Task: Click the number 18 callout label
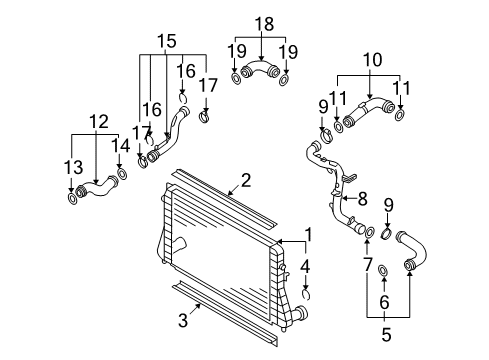coord(264,24)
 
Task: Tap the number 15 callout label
coord(167,41)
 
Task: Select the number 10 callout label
coord(372,60)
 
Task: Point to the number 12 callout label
coord(99,121)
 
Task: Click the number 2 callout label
coord(246,180)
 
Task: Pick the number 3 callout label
coord(183,320)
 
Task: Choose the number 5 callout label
coord(386,334)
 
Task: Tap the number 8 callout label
coord(362,199)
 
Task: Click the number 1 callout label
coord(309,234)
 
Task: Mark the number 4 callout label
coord(305,267)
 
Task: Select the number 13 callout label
coord(73,167)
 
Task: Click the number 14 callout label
coord(120,145)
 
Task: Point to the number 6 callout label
coord(384,302)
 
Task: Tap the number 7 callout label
coord(367,265)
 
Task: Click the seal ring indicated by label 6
coord(383,270)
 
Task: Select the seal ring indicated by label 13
coord(72,199)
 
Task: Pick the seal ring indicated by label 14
coord(122,174)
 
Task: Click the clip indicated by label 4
coord(306,294)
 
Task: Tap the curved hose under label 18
coord(260,68)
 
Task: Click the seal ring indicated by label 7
coord(370,232)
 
